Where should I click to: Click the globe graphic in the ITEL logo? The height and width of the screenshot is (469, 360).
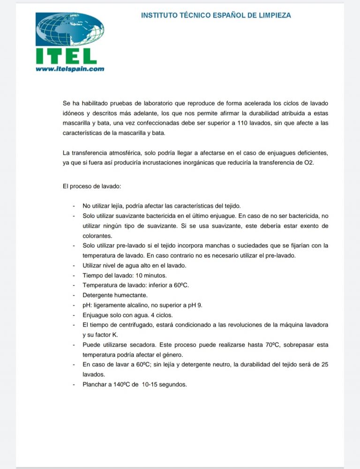[70, 30]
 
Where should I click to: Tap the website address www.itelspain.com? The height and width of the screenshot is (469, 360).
[70, 68]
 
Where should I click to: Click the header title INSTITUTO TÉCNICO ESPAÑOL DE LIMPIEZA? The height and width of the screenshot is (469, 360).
[216, 15]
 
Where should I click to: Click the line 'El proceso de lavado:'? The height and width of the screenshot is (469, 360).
[92, 186]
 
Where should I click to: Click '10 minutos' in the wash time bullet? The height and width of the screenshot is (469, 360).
[151, 275]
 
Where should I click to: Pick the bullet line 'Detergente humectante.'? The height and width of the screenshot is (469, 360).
[115, 295]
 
